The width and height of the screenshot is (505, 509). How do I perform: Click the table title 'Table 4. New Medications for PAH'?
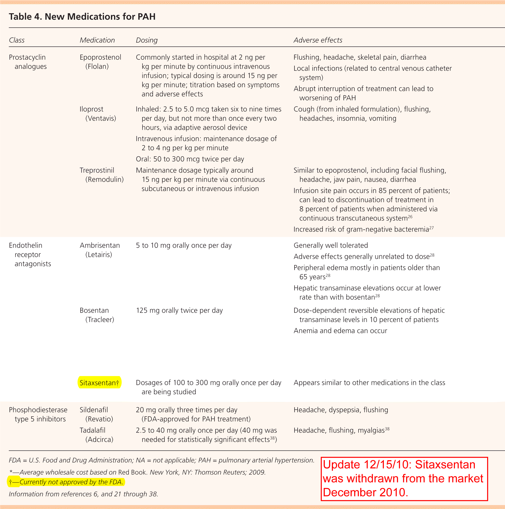pos(82,16)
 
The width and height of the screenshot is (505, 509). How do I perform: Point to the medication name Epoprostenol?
pos(100,57)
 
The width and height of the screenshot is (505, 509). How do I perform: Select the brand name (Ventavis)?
pos(100,118)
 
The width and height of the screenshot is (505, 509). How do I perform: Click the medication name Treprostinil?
pos(97,170)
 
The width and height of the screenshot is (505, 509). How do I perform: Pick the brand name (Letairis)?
pos(99,255)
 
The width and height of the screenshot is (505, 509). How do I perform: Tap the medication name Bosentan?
pos(94,310)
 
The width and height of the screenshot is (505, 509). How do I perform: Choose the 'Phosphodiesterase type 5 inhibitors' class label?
pos(38,414)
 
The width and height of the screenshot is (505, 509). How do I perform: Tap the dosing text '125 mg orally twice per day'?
pos(179,310)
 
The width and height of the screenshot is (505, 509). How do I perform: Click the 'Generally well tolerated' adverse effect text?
pos(330,245)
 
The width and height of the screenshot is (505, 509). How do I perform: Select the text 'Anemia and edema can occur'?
pos(340,331)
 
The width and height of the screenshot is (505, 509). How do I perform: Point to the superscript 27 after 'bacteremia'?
pos(431,228)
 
